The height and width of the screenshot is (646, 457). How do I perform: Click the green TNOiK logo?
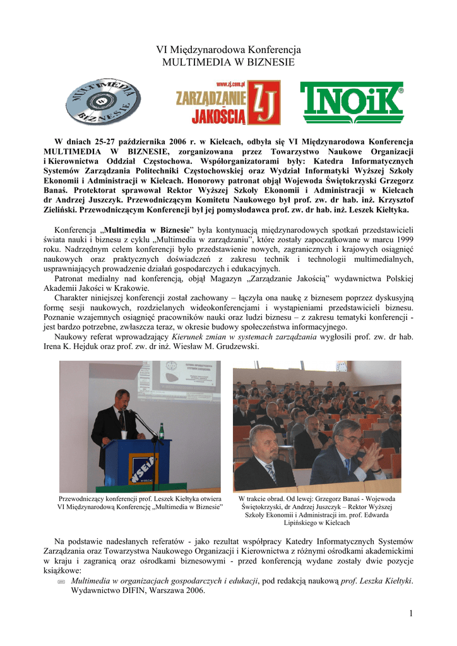[352, 103]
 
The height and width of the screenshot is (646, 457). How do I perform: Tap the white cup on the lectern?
[124, 435]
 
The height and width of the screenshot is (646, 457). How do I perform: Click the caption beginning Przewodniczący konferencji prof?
[139, 498]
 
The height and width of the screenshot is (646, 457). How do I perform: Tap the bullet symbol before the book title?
[61, 581]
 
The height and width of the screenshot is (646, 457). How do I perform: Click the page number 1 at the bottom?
[410, 614]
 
